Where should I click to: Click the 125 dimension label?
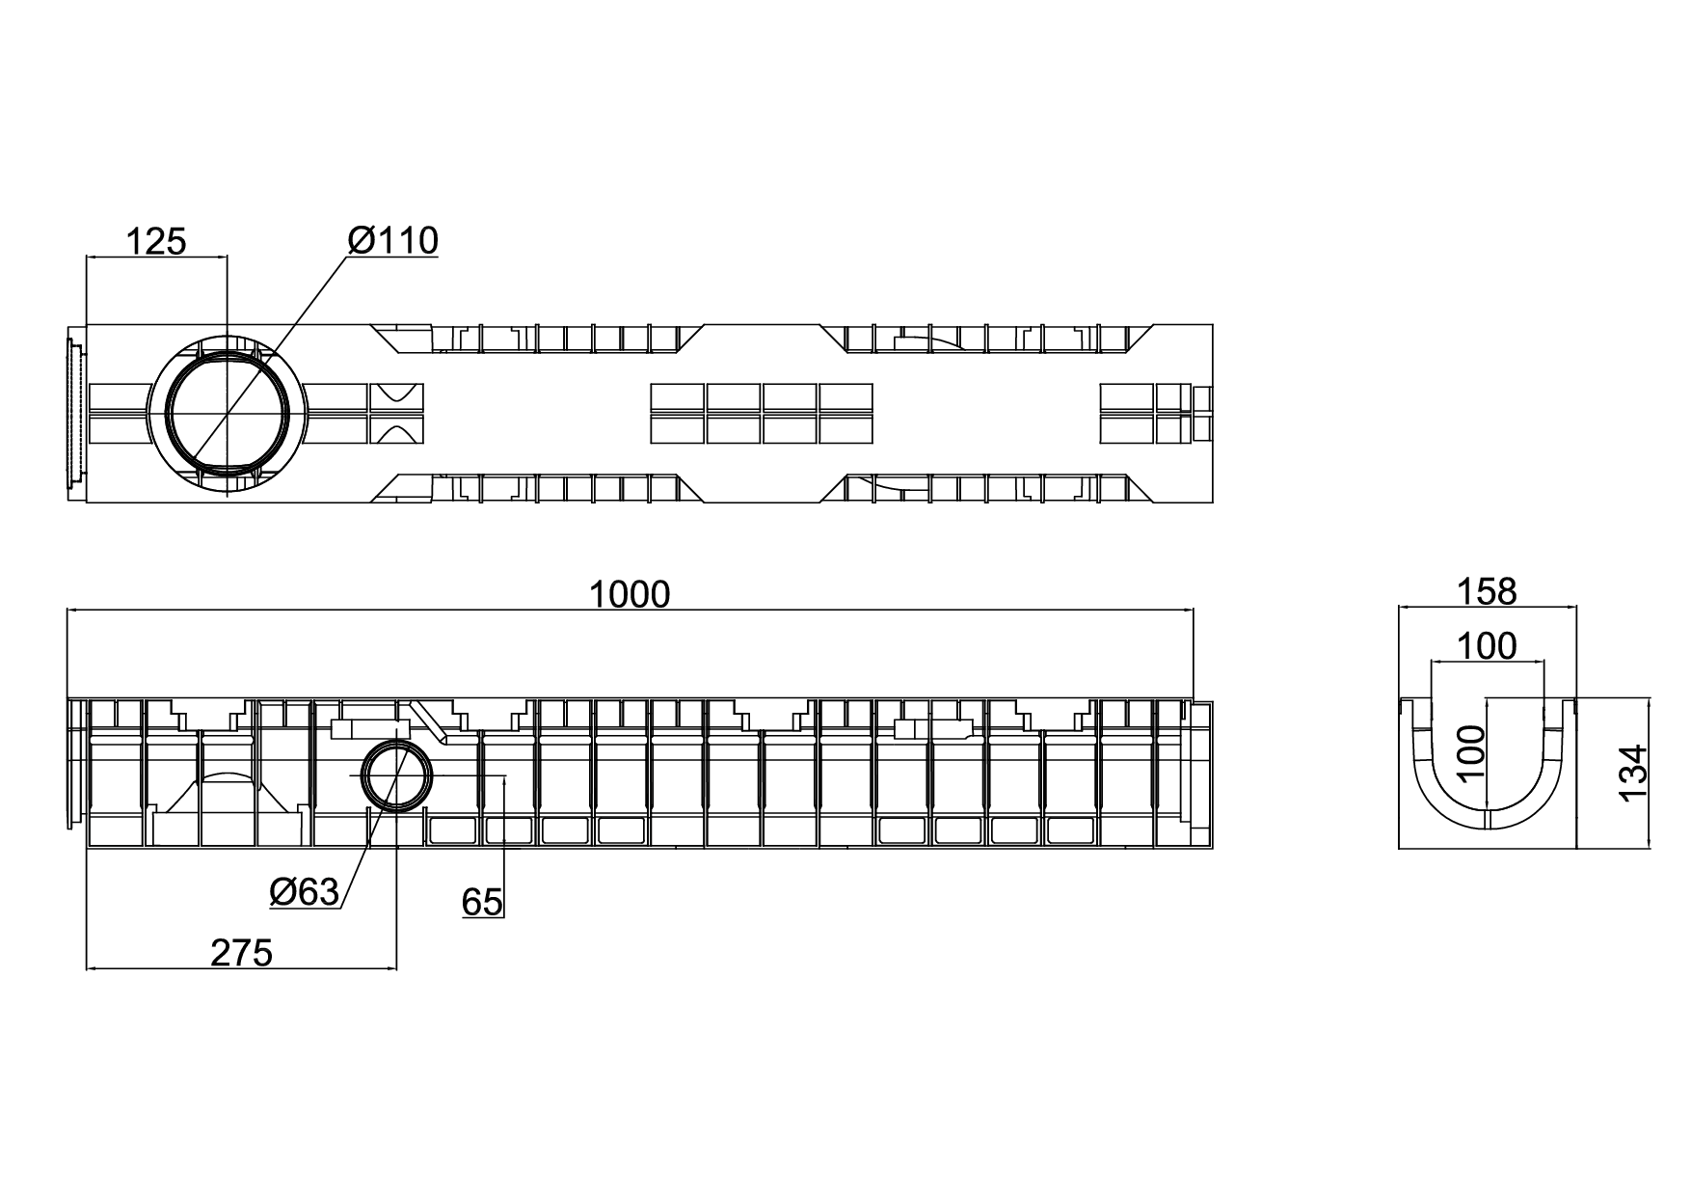156,240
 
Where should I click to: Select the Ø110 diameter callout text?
393,240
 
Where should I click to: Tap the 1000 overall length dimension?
630,594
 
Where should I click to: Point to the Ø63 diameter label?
305,892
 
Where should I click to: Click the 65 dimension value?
482,902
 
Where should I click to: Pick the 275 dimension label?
242,953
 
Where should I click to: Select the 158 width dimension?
1488,590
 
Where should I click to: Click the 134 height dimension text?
1634,773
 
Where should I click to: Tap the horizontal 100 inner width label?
1487,645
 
